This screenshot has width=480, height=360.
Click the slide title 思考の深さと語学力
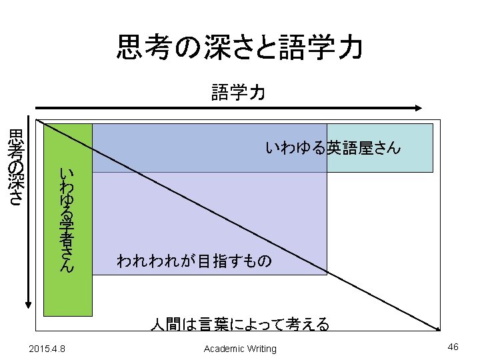tap(240, 48)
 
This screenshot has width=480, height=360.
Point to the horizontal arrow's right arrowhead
tap(418, 107)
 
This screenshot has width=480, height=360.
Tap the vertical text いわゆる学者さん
tap(66, 220)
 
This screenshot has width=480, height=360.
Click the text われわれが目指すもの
tap(194, 261)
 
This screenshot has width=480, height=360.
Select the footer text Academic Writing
tap(240, 349)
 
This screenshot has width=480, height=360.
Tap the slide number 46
tap(453, 347)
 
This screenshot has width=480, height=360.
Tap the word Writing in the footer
tap(261, 349)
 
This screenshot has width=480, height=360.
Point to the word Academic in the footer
tap(224, 349)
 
